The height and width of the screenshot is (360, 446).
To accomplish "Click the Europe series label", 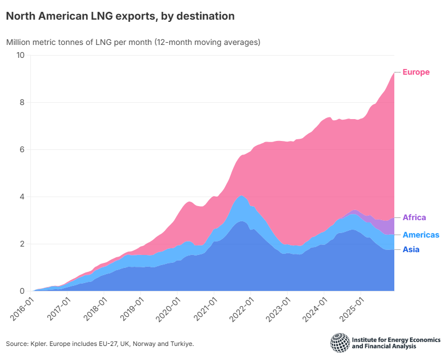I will click(x=416, y=72).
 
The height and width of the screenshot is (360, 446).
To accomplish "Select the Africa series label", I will click(x=415, y=217).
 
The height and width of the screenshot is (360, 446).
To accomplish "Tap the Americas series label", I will click(x=421, y=235).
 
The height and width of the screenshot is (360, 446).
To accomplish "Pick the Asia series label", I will click(x=411, y=249).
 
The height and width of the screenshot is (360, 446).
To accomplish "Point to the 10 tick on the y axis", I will click(x=20, y=55).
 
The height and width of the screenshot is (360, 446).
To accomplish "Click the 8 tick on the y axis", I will click(x=22, y=102).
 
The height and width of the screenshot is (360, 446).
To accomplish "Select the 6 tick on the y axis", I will click(x=22, y=149).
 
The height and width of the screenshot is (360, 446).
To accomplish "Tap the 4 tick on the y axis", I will click(x=22, y=197).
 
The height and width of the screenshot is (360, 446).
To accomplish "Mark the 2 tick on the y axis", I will click(x=22, y=244).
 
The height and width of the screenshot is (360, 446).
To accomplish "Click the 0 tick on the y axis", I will click(x=22, y=291).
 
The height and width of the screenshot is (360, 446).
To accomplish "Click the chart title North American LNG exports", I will click(x=120, y=16).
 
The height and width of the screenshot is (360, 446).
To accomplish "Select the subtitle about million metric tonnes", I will click(x=133, y=42).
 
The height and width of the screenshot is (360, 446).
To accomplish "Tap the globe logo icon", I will click(x=339, y=343).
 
